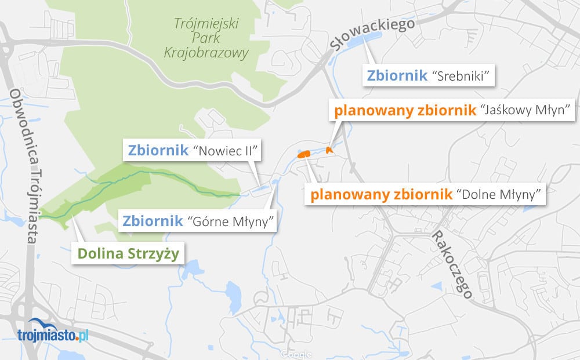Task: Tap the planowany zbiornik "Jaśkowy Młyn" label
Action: coord(451,110)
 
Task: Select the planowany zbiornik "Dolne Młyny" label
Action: coord(426,194)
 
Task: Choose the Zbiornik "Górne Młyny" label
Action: coord(197,221)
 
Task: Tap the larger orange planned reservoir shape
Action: coord(303,154)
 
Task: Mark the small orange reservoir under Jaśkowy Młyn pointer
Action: coord(329,150)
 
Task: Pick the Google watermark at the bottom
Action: coord(295,354)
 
